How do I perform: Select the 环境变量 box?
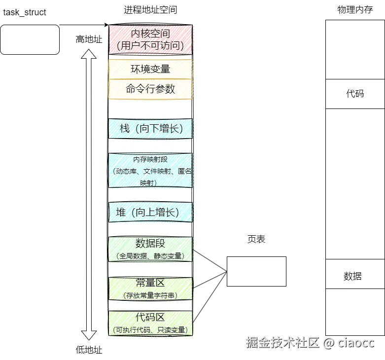click(150, 69)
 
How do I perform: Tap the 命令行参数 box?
click(150, 89)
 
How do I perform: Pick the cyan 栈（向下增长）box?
click(150, 128)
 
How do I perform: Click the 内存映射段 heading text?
click(150, 160)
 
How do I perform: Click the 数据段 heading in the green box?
click(150, 244)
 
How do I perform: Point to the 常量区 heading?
click(150, 283)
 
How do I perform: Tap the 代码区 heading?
click(150, 317)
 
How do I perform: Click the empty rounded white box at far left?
click(30, 39)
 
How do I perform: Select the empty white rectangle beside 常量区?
click(256, 271)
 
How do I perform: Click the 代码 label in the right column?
click(355, 93)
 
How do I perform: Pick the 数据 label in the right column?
click(352, 276)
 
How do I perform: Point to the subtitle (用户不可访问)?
click(150, 46)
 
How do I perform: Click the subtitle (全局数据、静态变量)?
click(150, 256)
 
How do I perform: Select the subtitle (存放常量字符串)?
click(150, 295)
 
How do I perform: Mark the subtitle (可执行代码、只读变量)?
click(150, 330)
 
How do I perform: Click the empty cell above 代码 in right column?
click(355, 49)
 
